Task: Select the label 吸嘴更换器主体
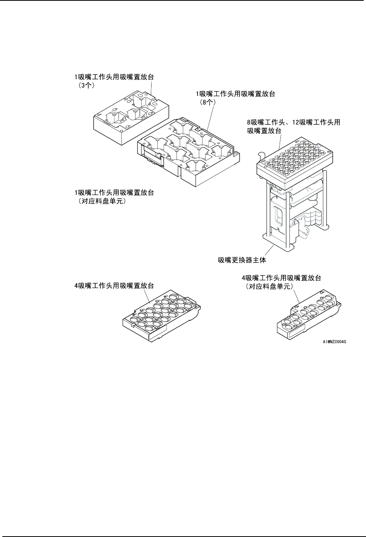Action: pyautogui.click(x=242, y=260)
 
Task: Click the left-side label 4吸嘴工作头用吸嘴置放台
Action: pyautogui.click(x=114, y=286)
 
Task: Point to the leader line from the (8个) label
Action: pyautogui.click(x=211, y=116)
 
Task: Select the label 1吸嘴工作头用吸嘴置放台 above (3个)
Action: pyautogui.click(x=114, y=77)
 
